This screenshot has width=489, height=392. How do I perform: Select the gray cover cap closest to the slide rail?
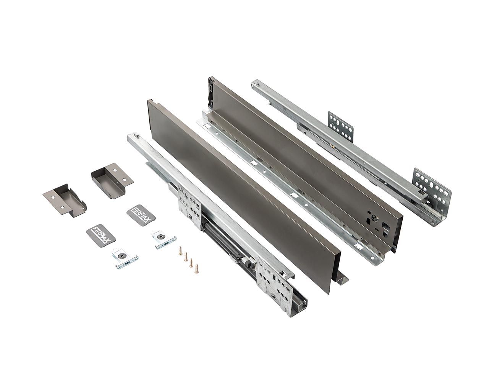pyautogui.click(x=112, y=180)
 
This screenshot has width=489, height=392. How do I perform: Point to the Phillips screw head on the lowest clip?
pyautogui.click(x=123, y=256)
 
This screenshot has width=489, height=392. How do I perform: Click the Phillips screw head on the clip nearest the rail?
pyautogui.click(x=162, y=237)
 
